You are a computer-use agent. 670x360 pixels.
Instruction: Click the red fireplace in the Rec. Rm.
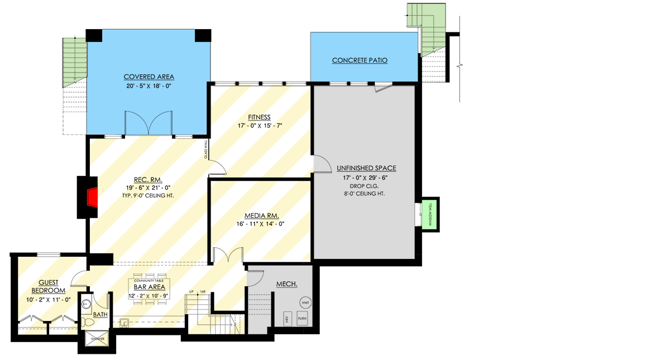(93, 197)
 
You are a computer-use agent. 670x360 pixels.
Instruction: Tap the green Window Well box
(430, 214)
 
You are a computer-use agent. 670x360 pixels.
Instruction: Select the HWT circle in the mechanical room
(305, 303)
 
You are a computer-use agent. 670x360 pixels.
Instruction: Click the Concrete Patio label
(360, 60)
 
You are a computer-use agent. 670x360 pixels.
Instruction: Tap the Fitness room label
(259, 117)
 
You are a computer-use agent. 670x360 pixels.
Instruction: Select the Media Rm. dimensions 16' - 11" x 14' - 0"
(260, 224)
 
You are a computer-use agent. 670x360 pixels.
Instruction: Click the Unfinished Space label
(366, 168)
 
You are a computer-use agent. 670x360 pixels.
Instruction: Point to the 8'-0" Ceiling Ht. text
(366, 193)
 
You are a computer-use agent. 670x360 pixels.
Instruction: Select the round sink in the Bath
(87, 305)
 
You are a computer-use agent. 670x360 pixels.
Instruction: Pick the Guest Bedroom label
(48, 287)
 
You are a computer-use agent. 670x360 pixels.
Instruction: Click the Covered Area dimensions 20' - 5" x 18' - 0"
(149, 87)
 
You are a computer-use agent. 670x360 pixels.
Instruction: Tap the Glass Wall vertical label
(205, 150)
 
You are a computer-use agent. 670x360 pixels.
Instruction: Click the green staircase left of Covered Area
(74, 60)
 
